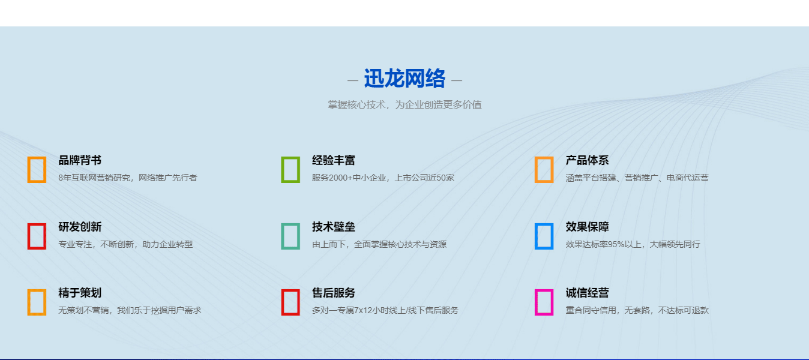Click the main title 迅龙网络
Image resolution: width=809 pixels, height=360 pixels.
pyautogui.click(x=404, y=79)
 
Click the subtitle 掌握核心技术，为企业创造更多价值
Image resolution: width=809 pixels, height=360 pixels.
pyautogui.click(x=404, y=105)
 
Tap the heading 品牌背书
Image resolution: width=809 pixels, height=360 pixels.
pyautogui.click(x=80, y=160)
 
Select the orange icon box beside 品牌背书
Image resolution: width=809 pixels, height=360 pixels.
pyautogui.click(x=37, y=169)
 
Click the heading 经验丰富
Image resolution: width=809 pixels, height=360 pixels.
pyautogui.click(x=334, y=160)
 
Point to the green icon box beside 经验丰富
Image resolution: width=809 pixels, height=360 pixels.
pyautogui.click(x=290, y=169)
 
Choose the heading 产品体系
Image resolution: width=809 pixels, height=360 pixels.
pyautogui.click(x=587, y=160)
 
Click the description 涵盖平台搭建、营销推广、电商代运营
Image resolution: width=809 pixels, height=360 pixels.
pyautogui.click(x=637, y=178)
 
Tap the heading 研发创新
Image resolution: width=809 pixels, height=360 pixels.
pyautogui.click(x=80, y=227)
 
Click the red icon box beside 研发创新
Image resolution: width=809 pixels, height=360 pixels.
pyautogui.click(x=37, y=236)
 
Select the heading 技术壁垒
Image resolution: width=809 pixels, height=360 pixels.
pyautogui.click(x=334, y=227)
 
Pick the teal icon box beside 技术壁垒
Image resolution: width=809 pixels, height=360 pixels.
pyautogui.click(x=290, y=236)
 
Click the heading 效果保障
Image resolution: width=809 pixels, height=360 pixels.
pyautogui.click(x=587, y=227)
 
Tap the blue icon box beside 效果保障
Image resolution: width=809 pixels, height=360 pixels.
pyautogui.click(x=544, y=236)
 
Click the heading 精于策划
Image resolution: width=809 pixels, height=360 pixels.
pyautogui.click(x=80, y=293)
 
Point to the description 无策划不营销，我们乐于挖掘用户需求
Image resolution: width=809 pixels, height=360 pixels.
pyautogui.click(x=130, y=310)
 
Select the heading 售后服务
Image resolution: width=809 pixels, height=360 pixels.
pyautogui.click(x=334, y=293)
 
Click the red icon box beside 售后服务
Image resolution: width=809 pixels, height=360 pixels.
pyautogui.click(x=290, y=302)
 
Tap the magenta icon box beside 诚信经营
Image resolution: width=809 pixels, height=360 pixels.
pyautogui.click(x=544, y=302)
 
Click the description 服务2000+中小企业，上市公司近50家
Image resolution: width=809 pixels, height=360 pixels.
pyautogui.click(x=383, y=178)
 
